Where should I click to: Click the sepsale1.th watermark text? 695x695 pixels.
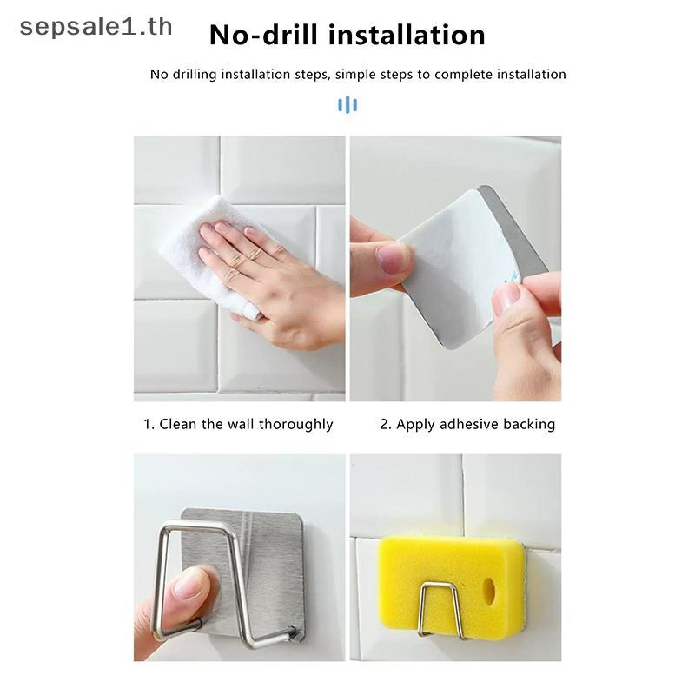(x=96, y=28)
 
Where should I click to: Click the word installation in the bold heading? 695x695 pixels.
(x=407, y=35)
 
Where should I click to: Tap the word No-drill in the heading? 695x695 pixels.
(x=265, y=35)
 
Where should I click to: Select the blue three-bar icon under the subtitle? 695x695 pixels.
(x=347, y=104)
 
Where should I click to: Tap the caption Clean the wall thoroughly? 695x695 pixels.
(x=246, y=424)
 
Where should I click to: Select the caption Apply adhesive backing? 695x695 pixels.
(x=475, y=424)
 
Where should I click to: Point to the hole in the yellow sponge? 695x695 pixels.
(x=489, y=591)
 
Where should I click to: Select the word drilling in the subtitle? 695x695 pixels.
(x=194, y=75)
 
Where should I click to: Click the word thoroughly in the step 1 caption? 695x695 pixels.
(x=295, y=424)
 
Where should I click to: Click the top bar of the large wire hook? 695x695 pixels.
(x=197, y=526)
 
